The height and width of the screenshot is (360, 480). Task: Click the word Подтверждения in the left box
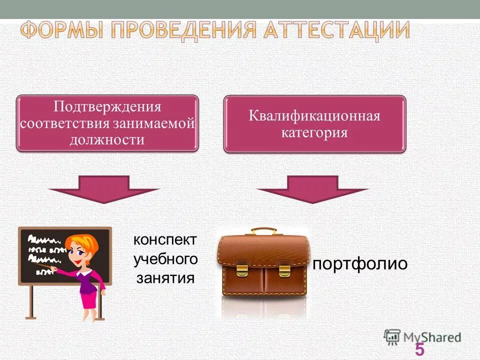tap(107, 107)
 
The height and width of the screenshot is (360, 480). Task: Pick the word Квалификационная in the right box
tap(314, 116)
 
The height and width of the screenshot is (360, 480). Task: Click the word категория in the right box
tap(314, 133)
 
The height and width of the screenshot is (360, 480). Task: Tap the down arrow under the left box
tap(104, 189)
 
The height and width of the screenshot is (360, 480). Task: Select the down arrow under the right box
tap(313, 189)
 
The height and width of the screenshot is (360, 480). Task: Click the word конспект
tap(165, 240)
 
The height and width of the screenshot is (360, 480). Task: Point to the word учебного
tap(165, 259)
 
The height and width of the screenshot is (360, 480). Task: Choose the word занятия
tap(165, 277)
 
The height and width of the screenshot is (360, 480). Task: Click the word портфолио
tap(360, 263)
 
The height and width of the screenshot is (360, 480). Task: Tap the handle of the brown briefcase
tap(263, 231)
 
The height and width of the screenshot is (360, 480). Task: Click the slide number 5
tap(419, 349)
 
